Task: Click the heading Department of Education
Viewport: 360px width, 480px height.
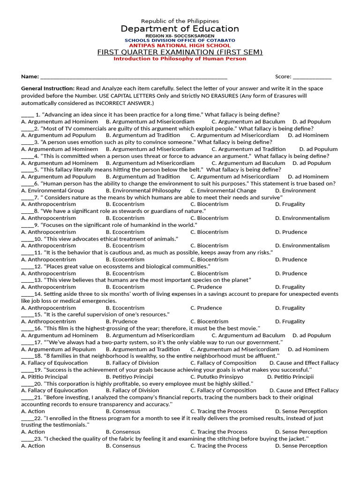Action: coord(180,29)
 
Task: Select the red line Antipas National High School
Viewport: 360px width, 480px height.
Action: coord(180,45)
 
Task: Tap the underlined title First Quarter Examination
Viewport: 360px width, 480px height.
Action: coord(180,52)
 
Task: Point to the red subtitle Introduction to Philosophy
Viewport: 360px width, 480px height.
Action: coord(180,59)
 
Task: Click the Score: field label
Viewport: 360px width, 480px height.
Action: coord(283,77)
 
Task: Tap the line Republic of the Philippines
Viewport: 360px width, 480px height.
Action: coord(180,21)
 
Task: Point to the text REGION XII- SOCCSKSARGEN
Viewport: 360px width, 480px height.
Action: coord(180,36)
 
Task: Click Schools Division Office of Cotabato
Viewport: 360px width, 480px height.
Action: coord(180,41)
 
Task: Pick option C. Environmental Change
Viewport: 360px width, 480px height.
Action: coord(223,191)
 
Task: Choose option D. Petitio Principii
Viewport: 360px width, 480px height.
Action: coord(291,377)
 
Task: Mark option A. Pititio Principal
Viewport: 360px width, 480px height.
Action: coord(45,377)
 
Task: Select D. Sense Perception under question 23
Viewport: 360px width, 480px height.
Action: coord(301,446)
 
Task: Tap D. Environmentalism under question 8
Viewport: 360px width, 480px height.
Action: coord(302,218)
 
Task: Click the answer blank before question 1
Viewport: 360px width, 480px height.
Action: coord(27,115)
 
